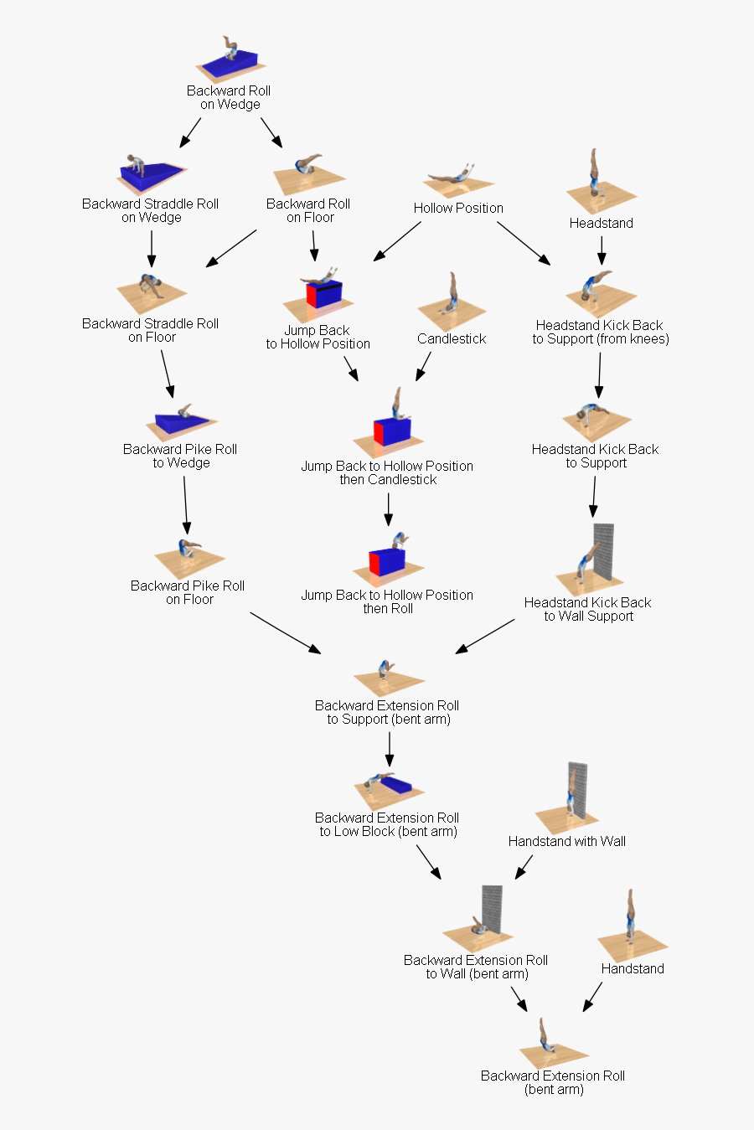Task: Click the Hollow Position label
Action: (458, 208)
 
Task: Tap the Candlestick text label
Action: (452, 338)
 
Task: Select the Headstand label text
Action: (601, 223)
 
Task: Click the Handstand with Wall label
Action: (566, 841)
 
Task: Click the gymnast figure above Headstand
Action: (595, 176)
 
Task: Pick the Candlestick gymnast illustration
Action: (452, 297)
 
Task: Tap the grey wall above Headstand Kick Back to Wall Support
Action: (603, 551)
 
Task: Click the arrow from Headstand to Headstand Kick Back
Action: (601, 250)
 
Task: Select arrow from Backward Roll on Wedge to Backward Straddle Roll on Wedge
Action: (190, 132)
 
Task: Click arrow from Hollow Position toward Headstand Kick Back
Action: (524, 243)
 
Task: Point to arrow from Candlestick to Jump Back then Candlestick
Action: (423, 366)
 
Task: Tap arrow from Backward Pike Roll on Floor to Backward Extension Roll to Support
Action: (285, 632)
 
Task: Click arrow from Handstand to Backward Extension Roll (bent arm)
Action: (592, 996)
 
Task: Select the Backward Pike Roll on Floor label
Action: (188, 592)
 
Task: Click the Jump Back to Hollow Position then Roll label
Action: (387, 601)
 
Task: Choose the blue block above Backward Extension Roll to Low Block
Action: (395, 787)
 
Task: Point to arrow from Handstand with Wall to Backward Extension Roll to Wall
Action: (524, 866)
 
